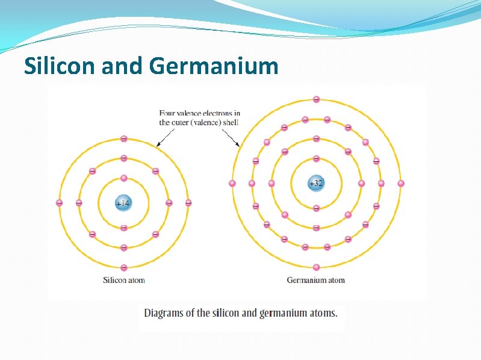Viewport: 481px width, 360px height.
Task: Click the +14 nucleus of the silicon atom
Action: [x=123, y=203]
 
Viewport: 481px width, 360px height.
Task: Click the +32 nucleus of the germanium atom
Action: [x=315, y=183]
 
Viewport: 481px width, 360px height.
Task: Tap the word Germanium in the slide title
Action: [x=214, y=66]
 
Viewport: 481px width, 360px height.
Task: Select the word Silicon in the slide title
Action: [x=61, y=66]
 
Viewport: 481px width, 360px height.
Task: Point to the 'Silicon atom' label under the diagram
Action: [x=124, y=280]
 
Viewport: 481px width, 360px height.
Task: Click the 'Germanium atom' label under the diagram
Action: [x=315, y=280]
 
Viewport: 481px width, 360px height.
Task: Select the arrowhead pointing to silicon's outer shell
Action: [x=158, y=145]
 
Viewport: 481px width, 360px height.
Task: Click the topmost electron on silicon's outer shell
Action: [x=123, y=138]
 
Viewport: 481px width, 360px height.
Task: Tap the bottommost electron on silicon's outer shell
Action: [x=123, y=267]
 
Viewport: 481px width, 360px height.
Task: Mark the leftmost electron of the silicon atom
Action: [x=59, y=203]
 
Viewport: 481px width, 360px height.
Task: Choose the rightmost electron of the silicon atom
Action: [x=188, y=203]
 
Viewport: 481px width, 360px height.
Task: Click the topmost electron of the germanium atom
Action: [x=316, y=99]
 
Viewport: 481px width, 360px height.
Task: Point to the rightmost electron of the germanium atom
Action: [x=401, y=183]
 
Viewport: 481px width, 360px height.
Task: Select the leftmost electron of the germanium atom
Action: [x=232, y=183]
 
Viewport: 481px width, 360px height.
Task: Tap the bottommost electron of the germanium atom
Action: [x=316, y=267]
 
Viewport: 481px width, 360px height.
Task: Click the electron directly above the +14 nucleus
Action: [x=123, y=178]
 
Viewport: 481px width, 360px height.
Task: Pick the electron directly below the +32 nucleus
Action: [x=316, y=208]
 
